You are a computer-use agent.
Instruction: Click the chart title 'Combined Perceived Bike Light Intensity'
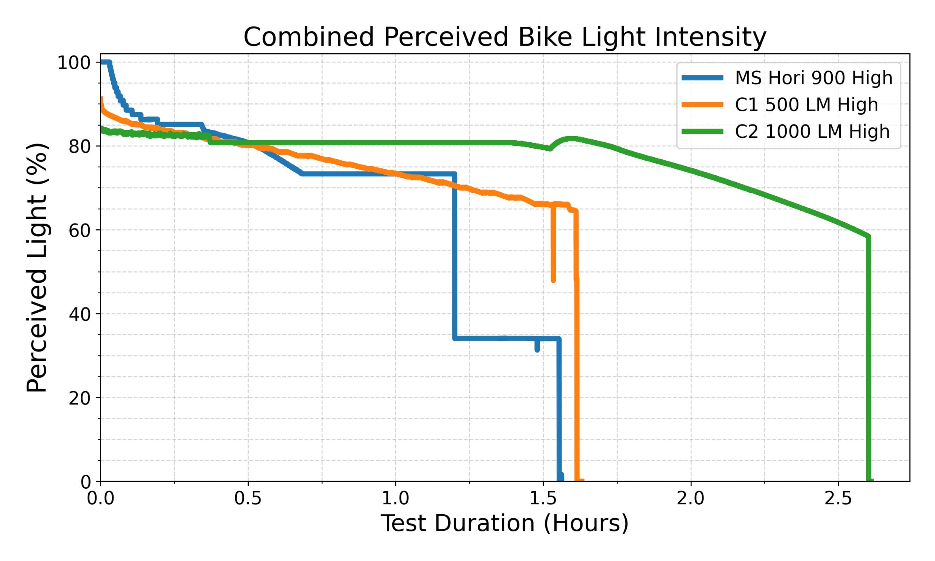pos(504,37)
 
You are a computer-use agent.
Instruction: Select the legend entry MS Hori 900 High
pos(813,78)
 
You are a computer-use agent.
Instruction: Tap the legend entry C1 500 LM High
pos(806,105)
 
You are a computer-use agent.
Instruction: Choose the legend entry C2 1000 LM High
pos(812,131)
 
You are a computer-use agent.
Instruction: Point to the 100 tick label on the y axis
pos(74,63)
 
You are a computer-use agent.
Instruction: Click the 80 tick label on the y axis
pos(79,147)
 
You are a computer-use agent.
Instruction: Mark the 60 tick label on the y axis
pos(79,230)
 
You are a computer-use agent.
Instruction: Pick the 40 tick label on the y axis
pos(79,314)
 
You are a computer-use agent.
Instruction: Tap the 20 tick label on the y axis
pos(79,398)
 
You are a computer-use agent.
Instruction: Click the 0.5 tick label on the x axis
pos(248,499)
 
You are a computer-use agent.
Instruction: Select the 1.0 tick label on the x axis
pos(395,499)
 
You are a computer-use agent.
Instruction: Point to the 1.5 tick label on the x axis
pos(543,499)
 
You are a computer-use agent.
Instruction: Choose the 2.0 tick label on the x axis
pos(691,499)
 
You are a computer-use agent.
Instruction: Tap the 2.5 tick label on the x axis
pos(838,499)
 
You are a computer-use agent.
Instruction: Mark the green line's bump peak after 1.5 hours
pos(572,139)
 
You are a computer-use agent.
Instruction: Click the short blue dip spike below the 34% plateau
pos(537,350)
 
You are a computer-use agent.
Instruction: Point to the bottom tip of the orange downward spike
pos(553,280)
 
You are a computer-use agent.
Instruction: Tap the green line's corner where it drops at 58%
pos(868,237)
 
